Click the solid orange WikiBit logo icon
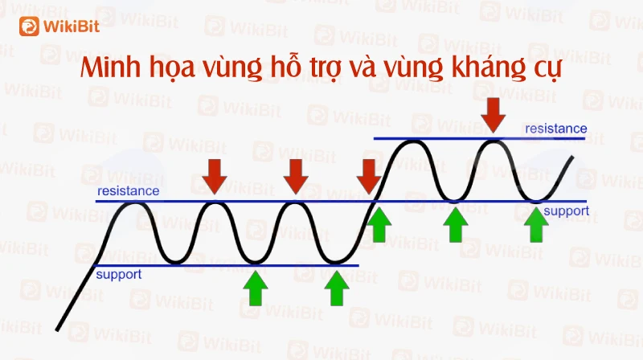[29, 27]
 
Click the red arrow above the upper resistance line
[493, 115]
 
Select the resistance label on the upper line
[555, 129]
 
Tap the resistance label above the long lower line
[129, 191]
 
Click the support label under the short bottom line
[118, 274]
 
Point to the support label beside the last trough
[567, 211]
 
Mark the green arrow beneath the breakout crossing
[379, 224]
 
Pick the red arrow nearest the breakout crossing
[369, 177]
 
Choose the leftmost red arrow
[214, 177]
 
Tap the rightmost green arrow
[536, 224]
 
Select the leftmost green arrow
[255, 288]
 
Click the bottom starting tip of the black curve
[57, 329]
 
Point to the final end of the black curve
[572, 157]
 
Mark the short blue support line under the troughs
[227, 266]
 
